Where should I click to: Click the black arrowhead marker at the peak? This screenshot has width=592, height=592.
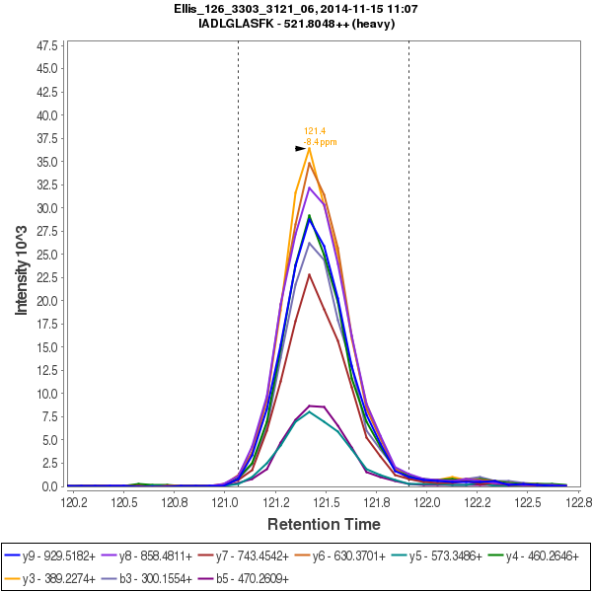[301, 148]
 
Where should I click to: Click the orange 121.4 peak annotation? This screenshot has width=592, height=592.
[315, 130]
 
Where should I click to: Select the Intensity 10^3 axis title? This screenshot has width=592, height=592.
[21, 266]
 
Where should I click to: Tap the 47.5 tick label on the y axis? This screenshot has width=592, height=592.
[46, 45]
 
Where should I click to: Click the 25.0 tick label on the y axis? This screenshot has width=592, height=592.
[46, 255]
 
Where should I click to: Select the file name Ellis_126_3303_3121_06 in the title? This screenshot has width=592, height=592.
[237, 9]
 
